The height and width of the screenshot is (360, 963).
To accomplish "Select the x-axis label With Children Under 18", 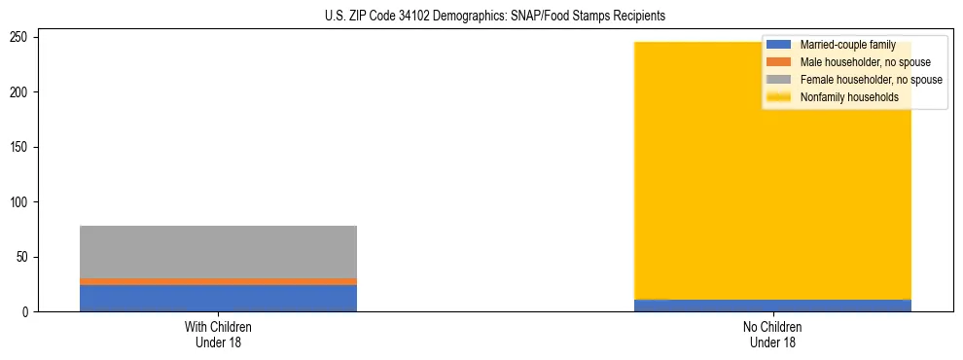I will (x=218, y=335).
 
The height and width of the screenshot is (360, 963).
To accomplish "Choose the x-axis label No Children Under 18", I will (x=772, y=335).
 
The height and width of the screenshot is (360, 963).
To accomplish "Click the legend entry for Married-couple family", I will (x=845, y=45).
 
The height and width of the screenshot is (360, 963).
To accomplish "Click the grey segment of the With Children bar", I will (x=218, y=251).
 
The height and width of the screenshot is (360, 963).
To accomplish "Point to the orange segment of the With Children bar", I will (x=218, y=281).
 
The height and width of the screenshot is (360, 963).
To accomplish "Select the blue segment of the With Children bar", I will (x=218, y=298).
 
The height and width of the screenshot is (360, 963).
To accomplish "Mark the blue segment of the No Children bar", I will (x=772, y=306).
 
